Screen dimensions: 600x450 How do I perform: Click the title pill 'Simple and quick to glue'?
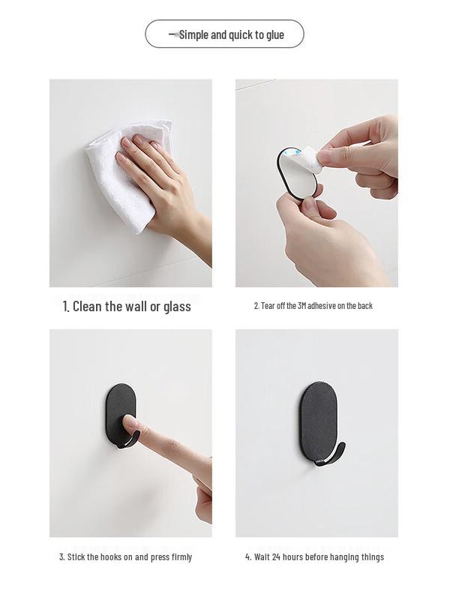[x=224, y=34]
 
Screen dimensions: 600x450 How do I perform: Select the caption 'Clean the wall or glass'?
[x=127, y=306]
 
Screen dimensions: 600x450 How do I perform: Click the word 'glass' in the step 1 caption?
[x=176, y=306]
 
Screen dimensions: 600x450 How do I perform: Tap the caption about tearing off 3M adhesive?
[x=313, y=306]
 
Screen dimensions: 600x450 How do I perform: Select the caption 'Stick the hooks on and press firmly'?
[x=125, y=557]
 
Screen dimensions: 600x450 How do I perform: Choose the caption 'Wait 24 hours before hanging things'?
[x=314, y=557]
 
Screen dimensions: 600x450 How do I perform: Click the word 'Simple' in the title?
[x=194, y=34]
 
